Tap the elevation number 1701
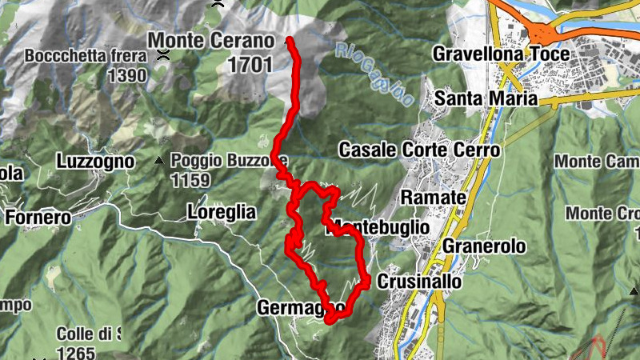250,66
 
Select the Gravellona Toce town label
501,54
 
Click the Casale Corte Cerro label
419,150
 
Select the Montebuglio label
379,227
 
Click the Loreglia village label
221,212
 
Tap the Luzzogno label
94,161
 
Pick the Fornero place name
38,216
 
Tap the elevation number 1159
190,181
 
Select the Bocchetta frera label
86,57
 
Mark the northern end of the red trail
289,39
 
